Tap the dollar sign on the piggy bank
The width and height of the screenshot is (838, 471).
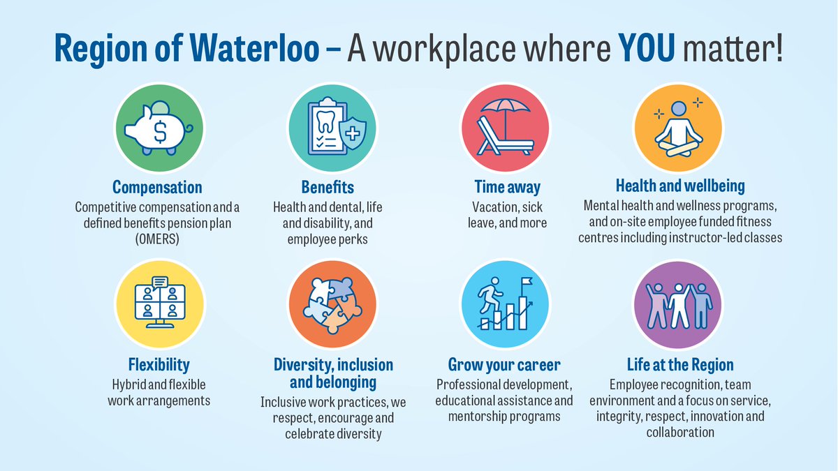(x=160, y=130)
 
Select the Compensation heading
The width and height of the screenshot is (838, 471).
(x=158, y=187)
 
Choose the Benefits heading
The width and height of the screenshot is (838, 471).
(x=328, y=187)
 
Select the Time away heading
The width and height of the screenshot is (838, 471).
(x=507, y=187)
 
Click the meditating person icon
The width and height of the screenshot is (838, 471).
(x=680, y=128)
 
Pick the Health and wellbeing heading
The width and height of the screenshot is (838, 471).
(x=680, y=186)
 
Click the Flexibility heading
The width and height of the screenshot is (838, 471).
(x=159, y=365)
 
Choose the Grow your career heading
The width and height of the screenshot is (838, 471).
(x=504, y=365)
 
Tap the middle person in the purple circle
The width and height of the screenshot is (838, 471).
(x=679, y=305)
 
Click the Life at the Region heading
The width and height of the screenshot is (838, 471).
(x=680, y=365)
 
